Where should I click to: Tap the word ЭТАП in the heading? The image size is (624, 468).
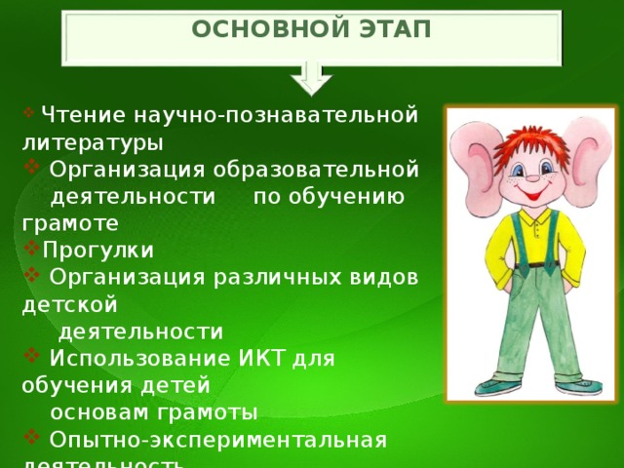click(x=395, y=28)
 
